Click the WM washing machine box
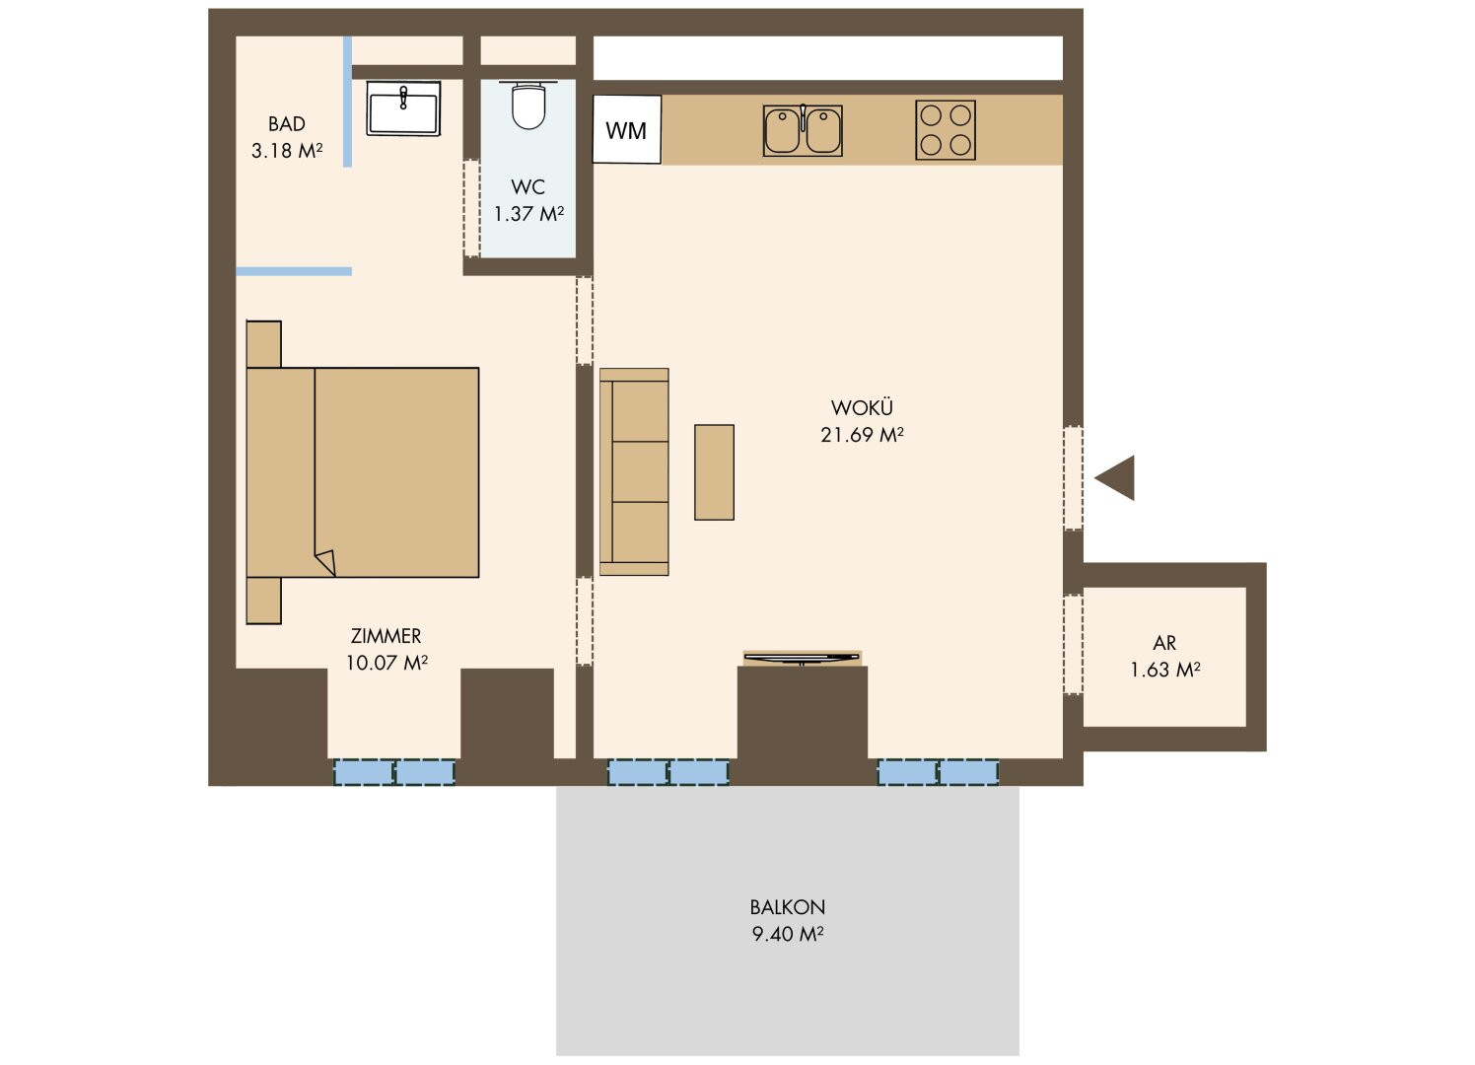pyautogui.click(x=626, y=129)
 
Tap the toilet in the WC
pyautogui.click(x=528, y=105)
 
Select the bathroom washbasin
pyautogui.click(x=403, y=108)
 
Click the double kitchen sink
pyautogui.click(x=803, y=130)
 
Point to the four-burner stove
pyautogui.click(x=945, y=130)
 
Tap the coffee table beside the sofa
pyautogui.click(x=714, y=472)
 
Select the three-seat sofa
pyautogui.click(x=634, y=471)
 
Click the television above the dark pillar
pyautogui.click(x=802, y=658)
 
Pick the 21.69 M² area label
pyautogui.click(x=862, y=435)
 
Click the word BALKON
pyautogui.click(x=788, y=907)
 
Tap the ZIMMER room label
pyautogui.click(x=386, y=636)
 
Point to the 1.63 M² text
pyautogui.click(x=1164, y=670)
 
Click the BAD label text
pyautogui.click(x=287, y=124)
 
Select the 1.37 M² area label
pyautogui.click(x=528, y=213)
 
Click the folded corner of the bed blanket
pyautogui.click(x=326, y=563)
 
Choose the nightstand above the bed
pyautogui.click(x=263, y=344)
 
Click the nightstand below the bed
pyautogui.click(x=263, y=600)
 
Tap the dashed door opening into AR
pyautogui.click(x=1074, y=645)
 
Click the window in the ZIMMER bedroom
pyautogui.click(x=394, y=772)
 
